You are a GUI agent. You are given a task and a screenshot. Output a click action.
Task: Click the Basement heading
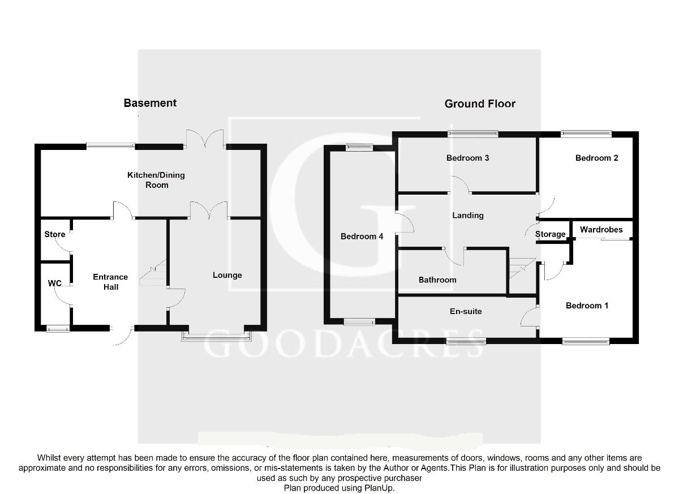(x=150, y=103)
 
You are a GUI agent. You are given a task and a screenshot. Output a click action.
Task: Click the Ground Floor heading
(x=480, y=104)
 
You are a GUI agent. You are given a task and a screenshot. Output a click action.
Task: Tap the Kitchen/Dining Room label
(x=156, y=180)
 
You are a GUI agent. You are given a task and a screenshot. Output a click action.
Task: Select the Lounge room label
(x=227, y=276)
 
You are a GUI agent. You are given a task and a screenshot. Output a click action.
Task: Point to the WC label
(x=55, y=283)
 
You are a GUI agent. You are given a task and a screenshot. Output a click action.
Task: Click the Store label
(x=54, y=234)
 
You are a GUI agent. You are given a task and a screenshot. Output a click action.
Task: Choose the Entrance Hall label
(x=110, y=282)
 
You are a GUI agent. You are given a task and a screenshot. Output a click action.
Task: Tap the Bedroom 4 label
(x=362, y=237)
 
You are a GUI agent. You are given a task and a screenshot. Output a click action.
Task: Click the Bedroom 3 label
(x=468, y=158)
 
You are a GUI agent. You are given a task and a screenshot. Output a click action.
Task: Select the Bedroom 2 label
(x=596, y=158)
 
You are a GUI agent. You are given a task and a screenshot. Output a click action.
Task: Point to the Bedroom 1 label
(x=587, y=306)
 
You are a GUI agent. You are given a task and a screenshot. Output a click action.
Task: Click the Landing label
(x=468, y=216)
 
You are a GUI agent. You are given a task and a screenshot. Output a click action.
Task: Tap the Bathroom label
(x=437, y=280)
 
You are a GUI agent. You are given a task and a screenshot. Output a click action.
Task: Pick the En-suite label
(x=466, y=311)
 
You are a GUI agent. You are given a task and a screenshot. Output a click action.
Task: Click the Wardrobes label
(x=601, y=230)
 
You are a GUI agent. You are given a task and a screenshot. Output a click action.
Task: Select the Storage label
(x=550, y=234)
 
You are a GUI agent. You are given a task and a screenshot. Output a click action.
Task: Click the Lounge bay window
(x=216, y=336)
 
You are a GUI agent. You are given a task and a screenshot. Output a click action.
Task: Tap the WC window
(x=58, y=329)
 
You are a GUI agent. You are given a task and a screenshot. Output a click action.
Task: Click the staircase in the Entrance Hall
(x=153, y=272)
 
